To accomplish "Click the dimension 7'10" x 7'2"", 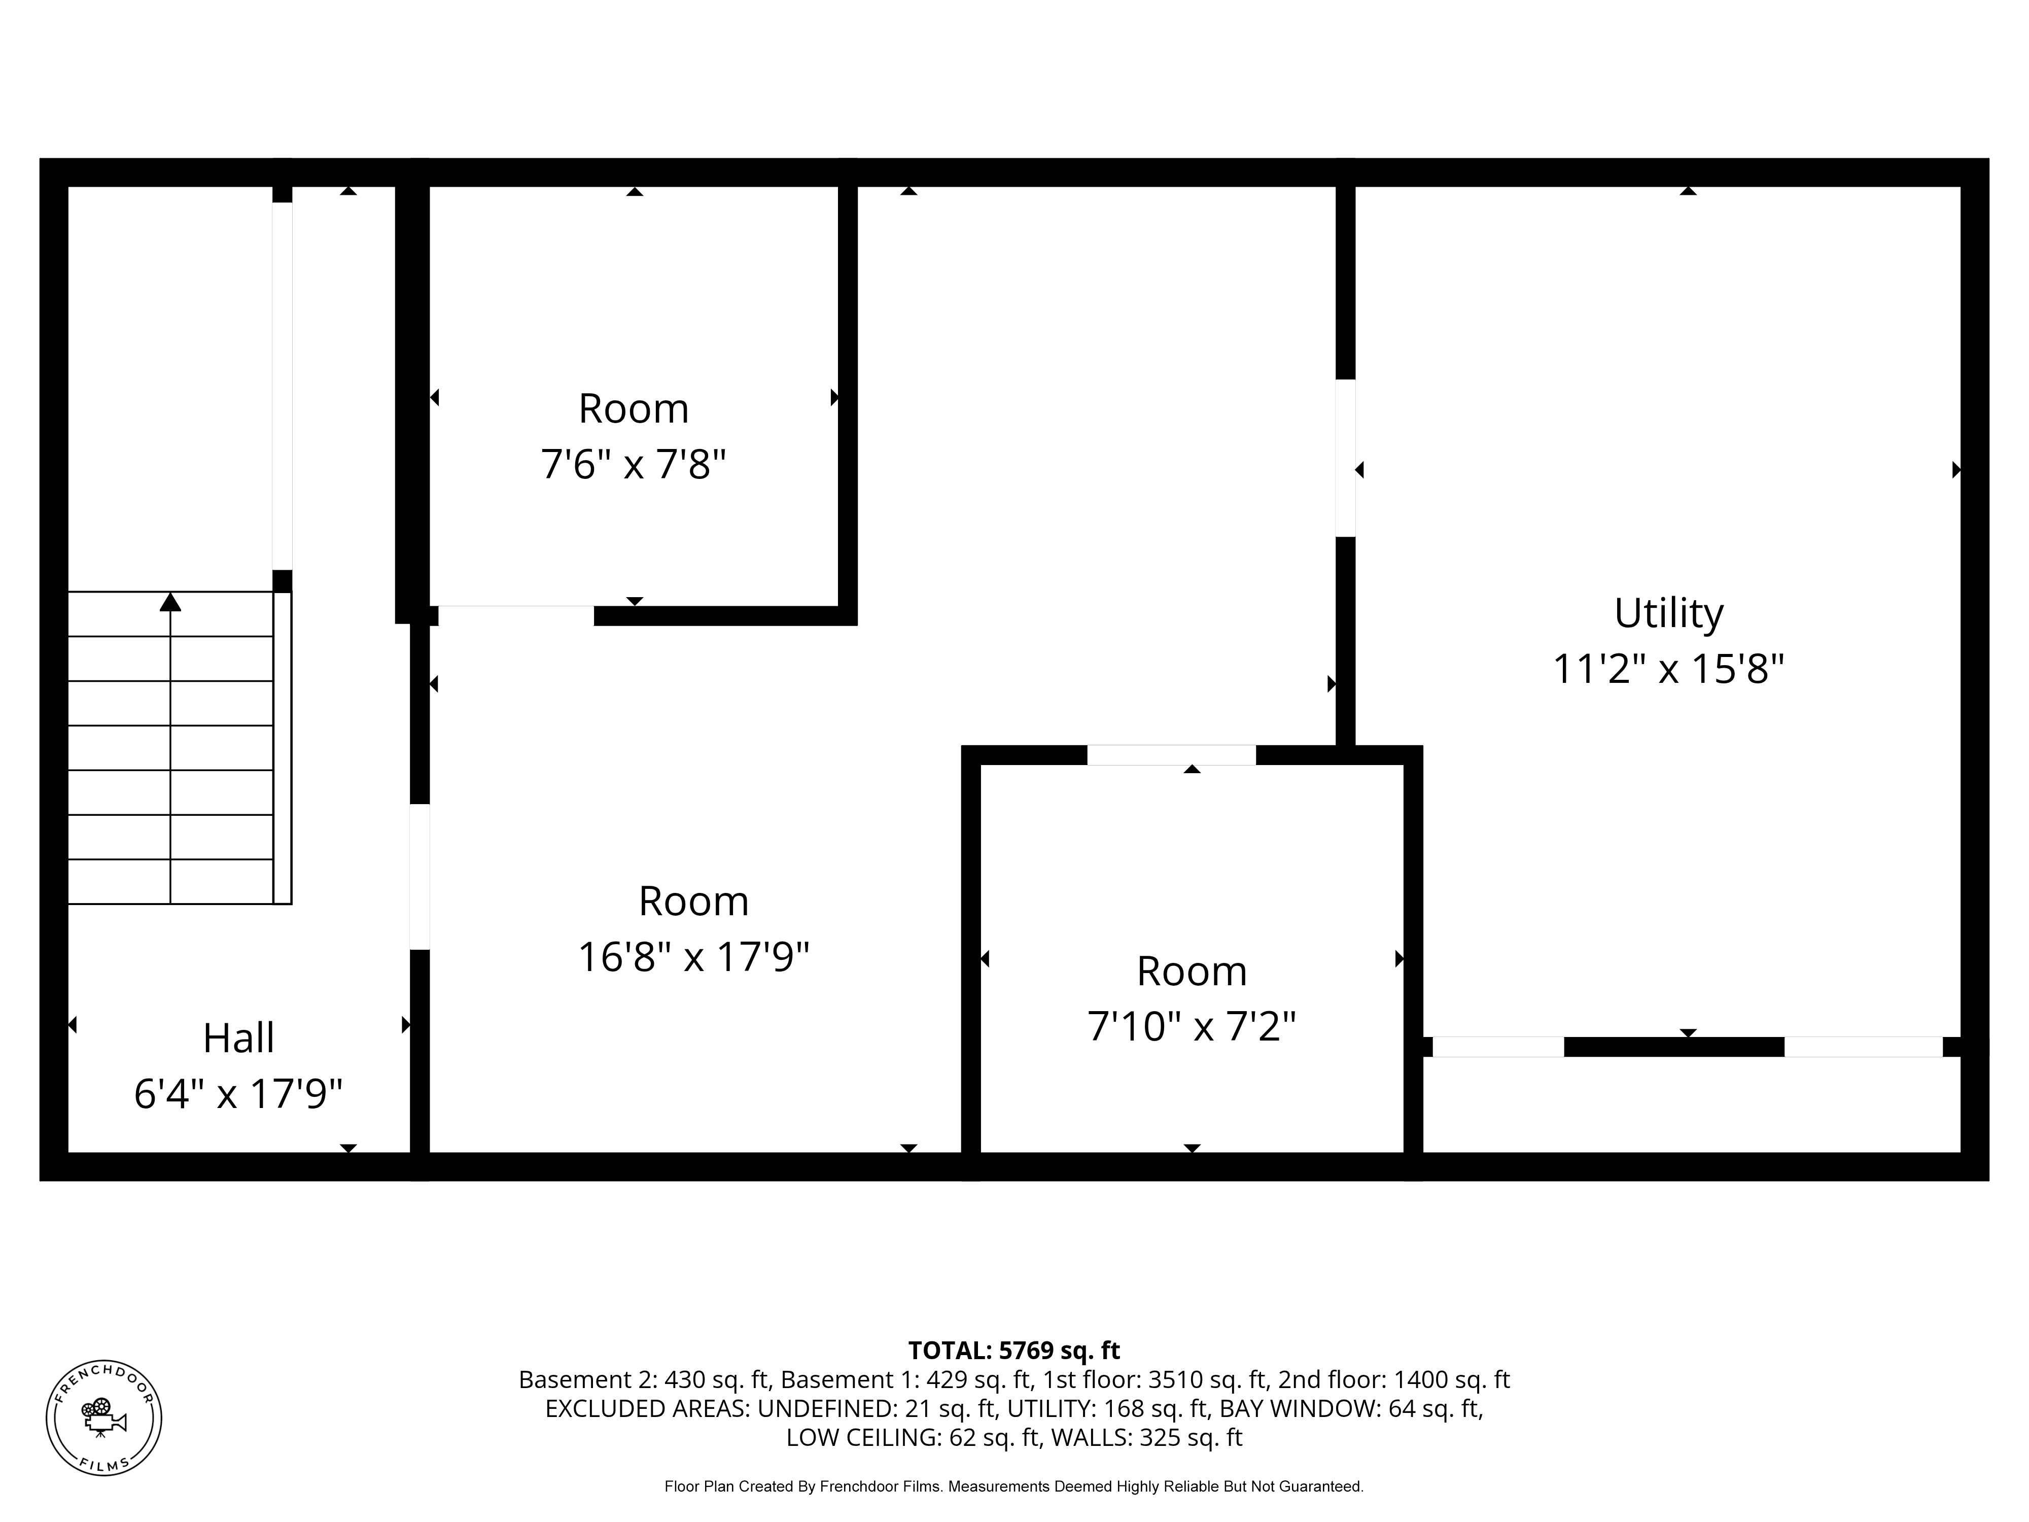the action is click(x=1192, y=1027).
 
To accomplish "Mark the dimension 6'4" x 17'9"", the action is click(x=238, y=1094).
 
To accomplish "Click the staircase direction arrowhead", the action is click(x=170, y=602).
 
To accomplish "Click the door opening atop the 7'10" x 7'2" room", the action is click(x=1171, y=755).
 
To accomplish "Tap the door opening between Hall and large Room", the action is click(x=419, y=877).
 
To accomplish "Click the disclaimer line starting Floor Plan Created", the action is click(x=1013, y=1486).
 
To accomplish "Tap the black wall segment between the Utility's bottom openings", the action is click(x=1674, y=1047).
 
